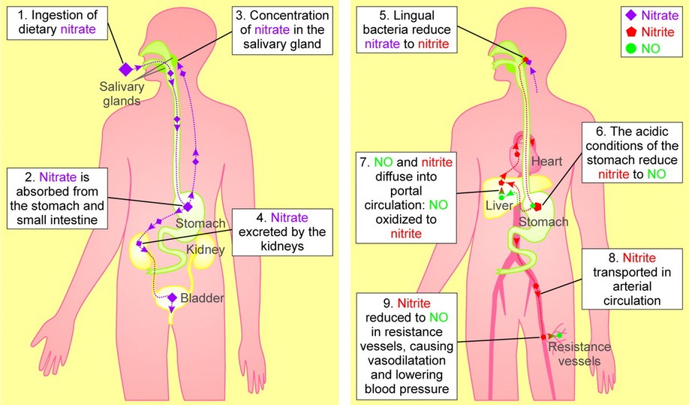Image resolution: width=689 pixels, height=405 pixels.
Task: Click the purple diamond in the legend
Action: point(632,14)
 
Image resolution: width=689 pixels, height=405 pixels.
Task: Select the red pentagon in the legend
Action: point(632,32)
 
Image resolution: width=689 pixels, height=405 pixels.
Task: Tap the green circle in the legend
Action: point(632,49)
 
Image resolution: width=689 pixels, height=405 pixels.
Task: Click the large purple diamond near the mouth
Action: point(126,69)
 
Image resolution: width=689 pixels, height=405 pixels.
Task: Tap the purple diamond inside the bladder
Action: point(173,298)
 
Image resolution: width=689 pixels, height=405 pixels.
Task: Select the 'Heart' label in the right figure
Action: point(546,161)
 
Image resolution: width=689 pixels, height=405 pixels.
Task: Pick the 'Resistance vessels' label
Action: point(579,353)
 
